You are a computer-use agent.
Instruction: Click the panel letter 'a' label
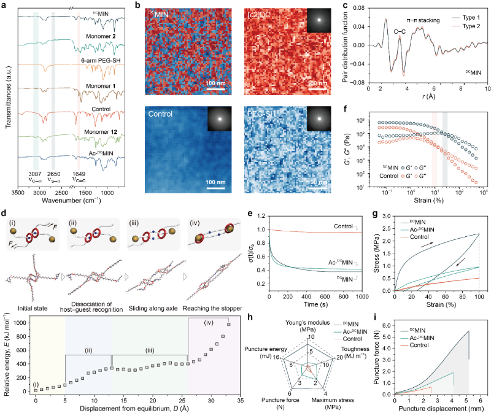pyautogui.click(x=4, y=5)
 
